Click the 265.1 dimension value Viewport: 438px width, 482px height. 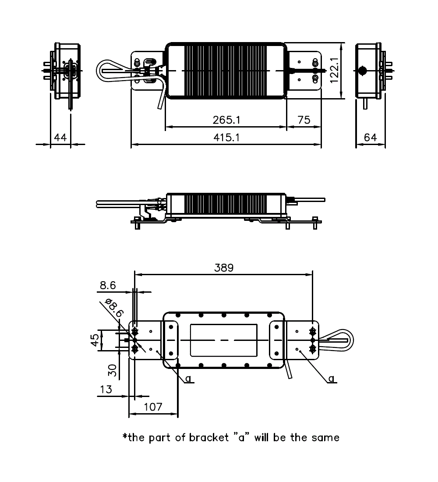[x=226, y=120]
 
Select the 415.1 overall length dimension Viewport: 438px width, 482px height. [x=226, y=138]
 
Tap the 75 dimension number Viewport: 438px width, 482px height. [x=304, y=120]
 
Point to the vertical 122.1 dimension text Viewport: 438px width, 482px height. [x=334, y=70]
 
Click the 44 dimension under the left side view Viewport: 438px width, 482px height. [x=60, y=138]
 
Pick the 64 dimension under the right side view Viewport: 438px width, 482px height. [x=371, y=138]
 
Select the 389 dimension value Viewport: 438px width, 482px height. [x=224, y=268]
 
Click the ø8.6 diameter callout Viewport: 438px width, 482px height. [x=114, y=308]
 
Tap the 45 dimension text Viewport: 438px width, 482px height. [x=95, y=340]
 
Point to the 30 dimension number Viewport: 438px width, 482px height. [x=113, y=370]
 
